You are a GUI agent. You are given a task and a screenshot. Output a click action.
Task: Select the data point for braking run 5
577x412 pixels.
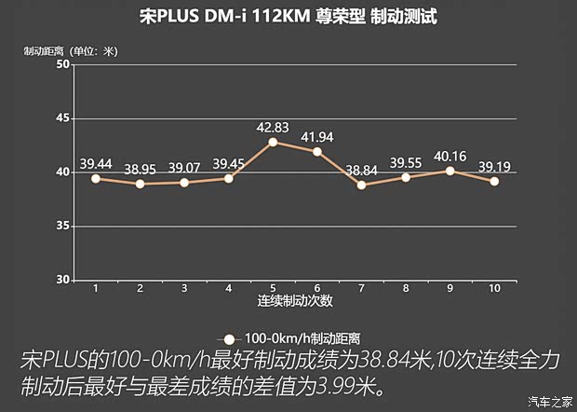273,142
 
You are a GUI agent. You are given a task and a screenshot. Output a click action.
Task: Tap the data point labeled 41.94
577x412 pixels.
317,151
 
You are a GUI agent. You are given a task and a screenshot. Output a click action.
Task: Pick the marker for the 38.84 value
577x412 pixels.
361,185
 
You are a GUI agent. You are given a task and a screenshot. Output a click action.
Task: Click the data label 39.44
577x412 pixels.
96,164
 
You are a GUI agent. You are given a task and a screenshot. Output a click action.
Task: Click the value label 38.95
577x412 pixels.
140,170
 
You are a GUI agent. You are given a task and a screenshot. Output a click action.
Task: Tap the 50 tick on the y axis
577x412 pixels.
62,64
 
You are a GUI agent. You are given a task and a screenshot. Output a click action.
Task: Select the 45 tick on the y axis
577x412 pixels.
62,118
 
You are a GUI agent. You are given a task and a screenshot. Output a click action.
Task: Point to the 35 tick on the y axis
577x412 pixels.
62,226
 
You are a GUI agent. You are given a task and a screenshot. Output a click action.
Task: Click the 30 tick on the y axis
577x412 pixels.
62,280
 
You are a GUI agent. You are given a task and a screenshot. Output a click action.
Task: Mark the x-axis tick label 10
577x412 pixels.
494,289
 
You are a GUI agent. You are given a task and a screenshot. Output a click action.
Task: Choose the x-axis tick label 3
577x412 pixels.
184,289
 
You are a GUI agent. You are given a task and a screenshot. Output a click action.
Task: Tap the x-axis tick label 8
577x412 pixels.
406,289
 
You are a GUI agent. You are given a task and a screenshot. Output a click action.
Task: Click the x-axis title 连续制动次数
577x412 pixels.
295,302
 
